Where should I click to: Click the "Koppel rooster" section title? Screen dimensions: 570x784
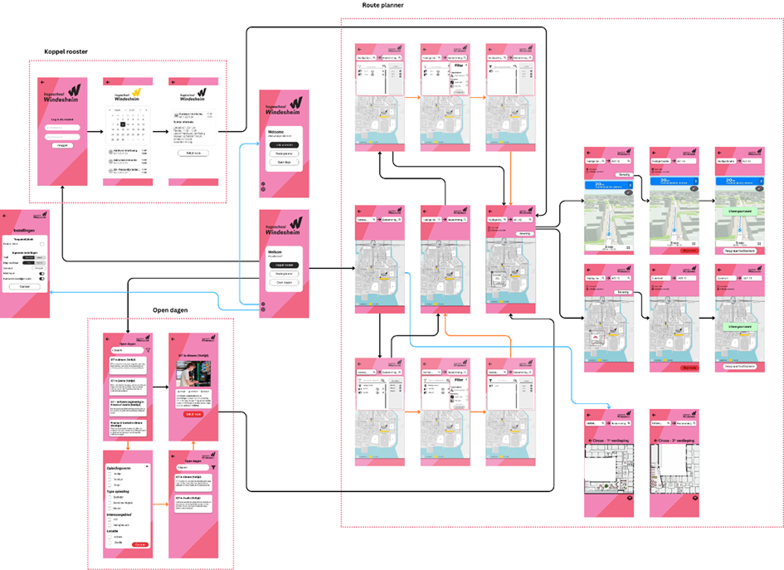click(66, 52)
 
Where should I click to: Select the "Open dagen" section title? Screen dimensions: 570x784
click(173, 310)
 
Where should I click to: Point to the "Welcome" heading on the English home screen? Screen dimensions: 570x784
click(276, 133)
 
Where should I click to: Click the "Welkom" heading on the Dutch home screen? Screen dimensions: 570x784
click(275, 252)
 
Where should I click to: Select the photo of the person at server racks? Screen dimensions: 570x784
click(193, 376)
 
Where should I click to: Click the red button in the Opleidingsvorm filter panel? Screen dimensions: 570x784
click(140, 544)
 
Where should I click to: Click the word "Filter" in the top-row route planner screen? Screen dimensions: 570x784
click(459, 66)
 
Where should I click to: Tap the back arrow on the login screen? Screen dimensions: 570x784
click(41, 82)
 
